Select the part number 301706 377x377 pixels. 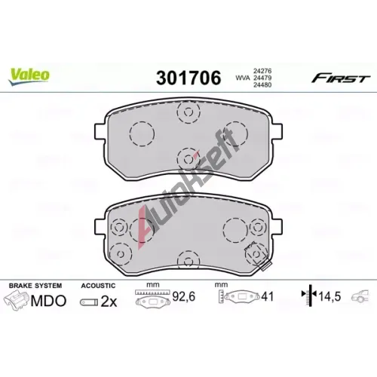pos(188,78)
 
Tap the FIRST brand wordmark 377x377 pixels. pos(341,78)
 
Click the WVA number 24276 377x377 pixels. pos(262,71)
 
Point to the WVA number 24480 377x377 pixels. pos(262,85)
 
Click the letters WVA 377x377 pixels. pos(243,78)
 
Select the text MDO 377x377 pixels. pos(48,301)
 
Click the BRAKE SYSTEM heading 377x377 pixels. pos(35,286)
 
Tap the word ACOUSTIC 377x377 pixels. pos(98,286)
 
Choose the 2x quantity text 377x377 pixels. pos(109,301)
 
